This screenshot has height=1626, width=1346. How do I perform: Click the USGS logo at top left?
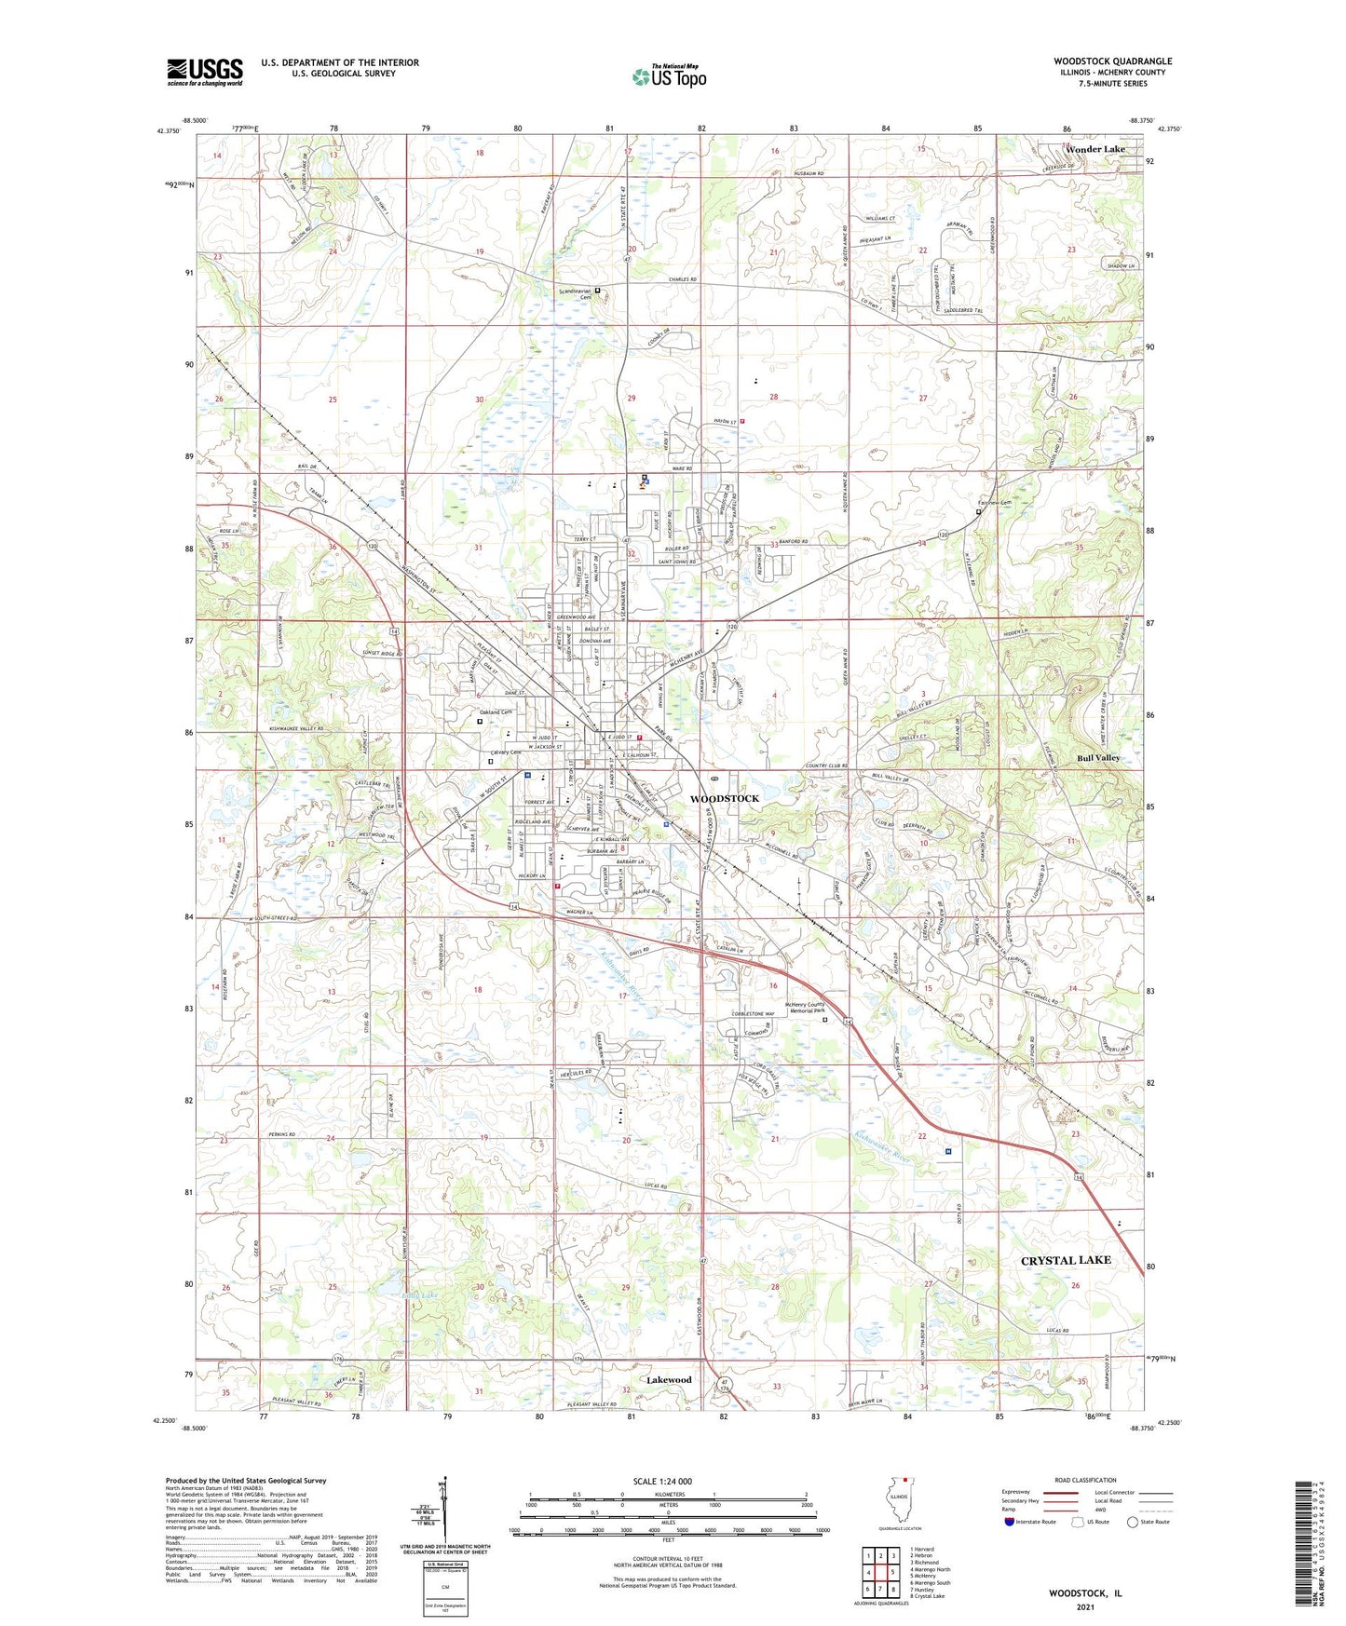pyautogui.click(x=205, y=72)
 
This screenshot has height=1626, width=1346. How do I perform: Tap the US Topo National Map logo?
pyautogui.click(x=669, y=75)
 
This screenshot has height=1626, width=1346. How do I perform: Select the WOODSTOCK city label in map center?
pyautogui.click(x=724, y=798)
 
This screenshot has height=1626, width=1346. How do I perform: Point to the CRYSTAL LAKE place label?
pyautogui.click(x=1066, y=1260)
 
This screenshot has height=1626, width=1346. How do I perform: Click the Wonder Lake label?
pyautogui.click(x=1095, y=149)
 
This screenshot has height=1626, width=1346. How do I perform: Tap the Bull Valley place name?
pyautogui.click(x=1099, y=757)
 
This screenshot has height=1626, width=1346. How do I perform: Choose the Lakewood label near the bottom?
pyautogui.click(x=669, y=1380)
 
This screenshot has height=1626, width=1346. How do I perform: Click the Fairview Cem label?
pyautogui.click(x=994, y=503)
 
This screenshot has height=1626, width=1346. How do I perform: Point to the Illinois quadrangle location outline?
pyautogui.click(x=901, y=1502)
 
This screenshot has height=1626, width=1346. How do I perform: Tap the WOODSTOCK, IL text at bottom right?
pyautogui.click(x=1085, y=1593)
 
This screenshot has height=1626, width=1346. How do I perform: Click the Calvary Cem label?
pyautogui.click(x=506, y=752)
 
